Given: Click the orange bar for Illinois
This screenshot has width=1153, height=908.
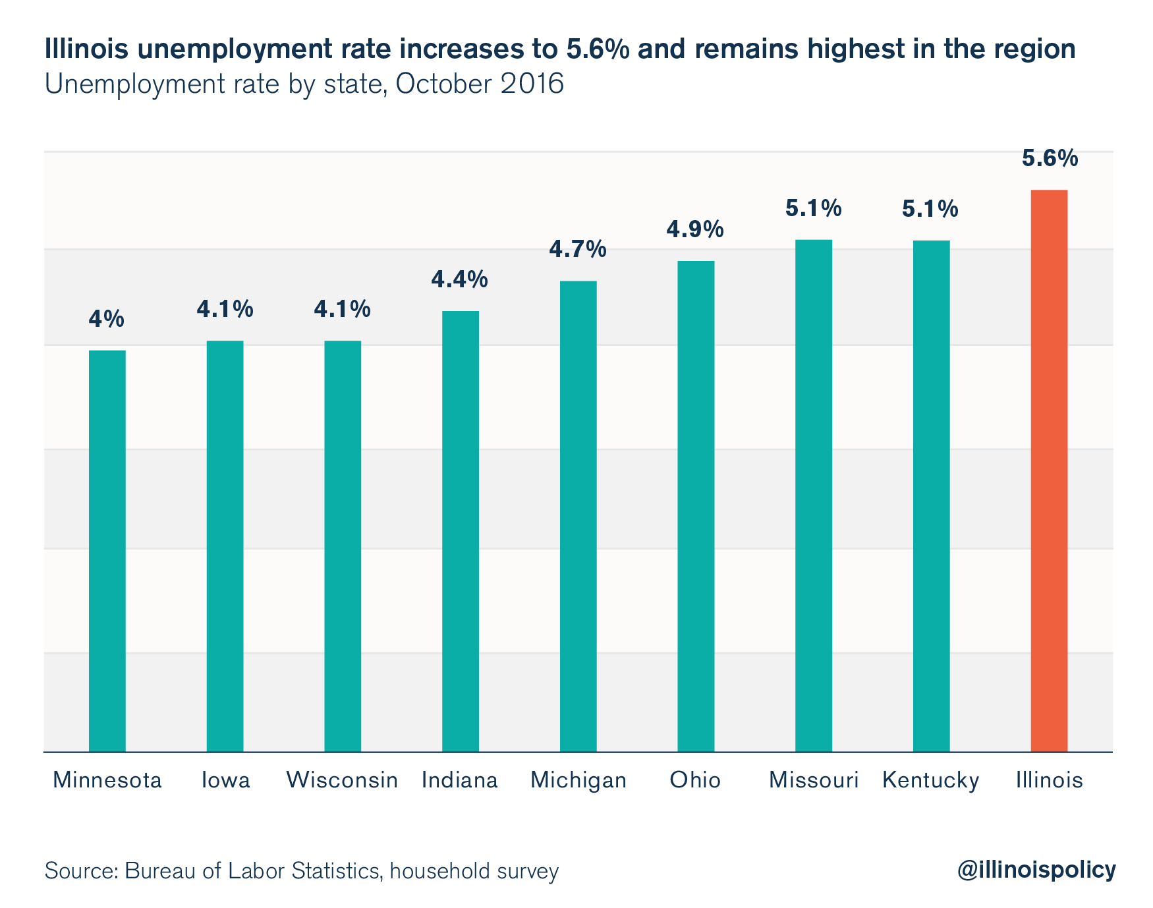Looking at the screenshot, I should (1049, 470).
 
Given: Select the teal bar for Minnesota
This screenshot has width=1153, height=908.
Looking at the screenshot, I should (107, 550).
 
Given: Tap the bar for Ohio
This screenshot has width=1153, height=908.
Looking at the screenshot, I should (696, 506).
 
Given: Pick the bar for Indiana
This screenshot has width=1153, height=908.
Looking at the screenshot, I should (461, 531).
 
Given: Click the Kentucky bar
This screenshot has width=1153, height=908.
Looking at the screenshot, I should (931, 496).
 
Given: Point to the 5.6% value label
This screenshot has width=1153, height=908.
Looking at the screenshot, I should (1050, 159).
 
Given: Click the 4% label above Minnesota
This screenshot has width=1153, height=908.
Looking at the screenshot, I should (107, 319).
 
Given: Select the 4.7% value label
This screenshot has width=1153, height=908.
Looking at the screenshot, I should (578, 250).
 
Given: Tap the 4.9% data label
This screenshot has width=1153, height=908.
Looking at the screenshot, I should (695, 229).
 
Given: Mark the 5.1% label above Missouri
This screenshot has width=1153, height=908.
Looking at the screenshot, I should (813, 209).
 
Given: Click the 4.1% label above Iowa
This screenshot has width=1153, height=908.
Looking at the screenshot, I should (225, 309).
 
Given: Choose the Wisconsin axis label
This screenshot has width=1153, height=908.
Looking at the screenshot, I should (343, 780).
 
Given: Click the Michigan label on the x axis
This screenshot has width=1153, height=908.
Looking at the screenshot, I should (578, 780).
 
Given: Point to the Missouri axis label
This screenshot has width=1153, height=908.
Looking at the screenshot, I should (814, 780).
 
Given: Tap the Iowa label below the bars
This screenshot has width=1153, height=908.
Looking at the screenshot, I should (225, 780).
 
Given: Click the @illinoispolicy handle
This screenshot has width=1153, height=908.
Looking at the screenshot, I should (1036, 870).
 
